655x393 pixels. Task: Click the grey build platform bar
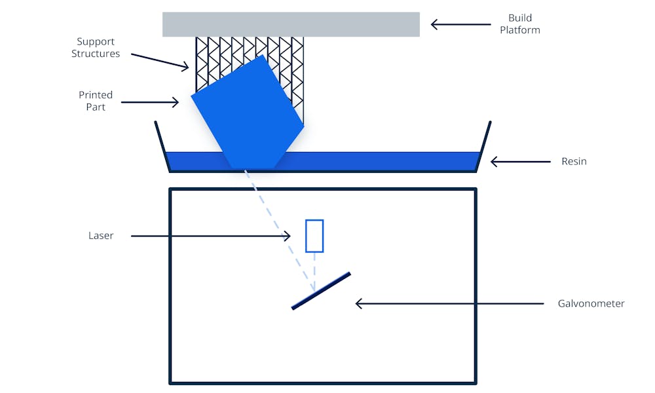click(291, 24)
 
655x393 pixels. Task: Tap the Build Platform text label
click(520, 24)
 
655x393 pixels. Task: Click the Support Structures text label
click(96, 48)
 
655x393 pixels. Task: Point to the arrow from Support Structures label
click(160, 60)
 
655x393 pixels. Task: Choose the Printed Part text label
click(96, 101)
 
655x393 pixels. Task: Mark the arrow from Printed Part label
click(150, 102)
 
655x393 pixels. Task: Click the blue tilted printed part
click(249, 115)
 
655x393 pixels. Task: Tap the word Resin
click(574, 161)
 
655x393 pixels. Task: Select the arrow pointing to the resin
click(521, 161)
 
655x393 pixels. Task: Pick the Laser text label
click(101, 236)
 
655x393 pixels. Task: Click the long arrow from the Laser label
click(210, 236)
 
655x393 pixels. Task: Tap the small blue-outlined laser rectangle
click(314, 236)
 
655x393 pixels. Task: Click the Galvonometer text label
click(591, 303)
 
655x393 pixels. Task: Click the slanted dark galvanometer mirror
click(321, 290)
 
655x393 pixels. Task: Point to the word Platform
click(520, 30)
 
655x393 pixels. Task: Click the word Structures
click(96, 54)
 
